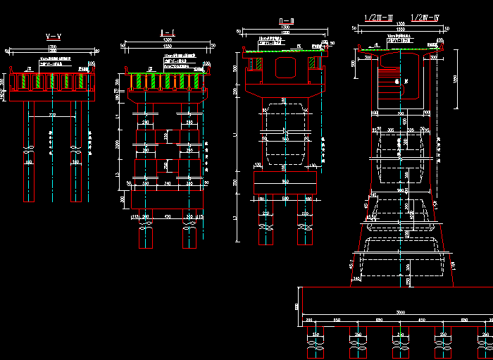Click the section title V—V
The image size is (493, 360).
[52, 35]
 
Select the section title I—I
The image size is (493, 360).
[168, 32]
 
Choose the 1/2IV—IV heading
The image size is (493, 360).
[426, 16]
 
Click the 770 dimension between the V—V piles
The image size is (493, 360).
[53, 114]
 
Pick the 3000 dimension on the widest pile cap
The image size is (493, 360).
[401, 312]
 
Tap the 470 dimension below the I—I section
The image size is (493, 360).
[168, 217]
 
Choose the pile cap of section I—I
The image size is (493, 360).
[168, 199]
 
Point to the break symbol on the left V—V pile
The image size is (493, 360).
[29, 151]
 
